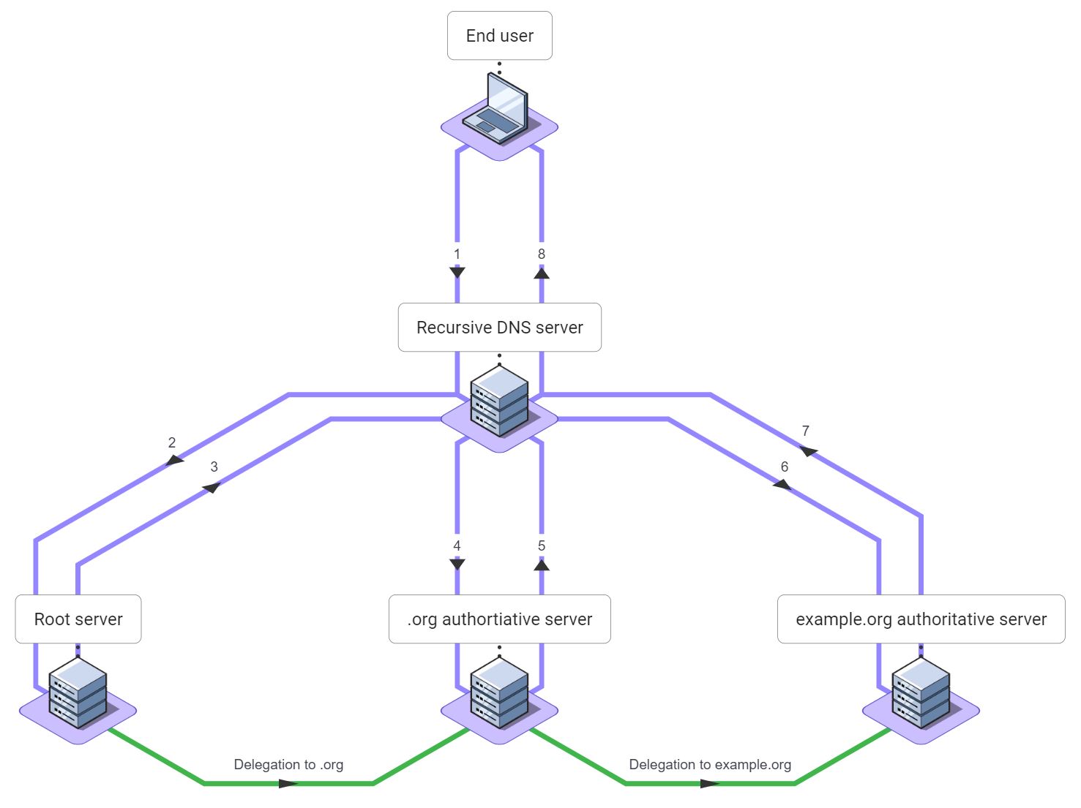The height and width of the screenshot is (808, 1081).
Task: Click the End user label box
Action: [499, 36]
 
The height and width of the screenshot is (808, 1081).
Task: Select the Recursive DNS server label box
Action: [499, 328]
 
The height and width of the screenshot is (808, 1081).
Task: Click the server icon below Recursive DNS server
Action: [499, 402]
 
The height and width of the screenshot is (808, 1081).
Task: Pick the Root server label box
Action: [78, 619]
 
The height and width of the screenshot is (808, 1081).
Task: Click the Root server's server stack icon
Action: [78, 692]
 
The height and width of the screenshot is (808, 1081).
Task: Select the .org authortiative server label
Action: [499, 619]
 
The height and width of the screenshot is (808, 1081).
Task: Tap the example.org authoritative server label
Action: [921, 619]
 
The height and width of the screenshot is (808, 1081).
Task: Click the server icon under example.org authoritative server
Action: [921, 692]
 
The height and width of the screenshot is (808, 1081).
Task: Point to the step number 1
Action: [457, 254]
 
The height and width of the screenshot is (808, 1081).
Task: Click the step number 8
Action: [542, 254]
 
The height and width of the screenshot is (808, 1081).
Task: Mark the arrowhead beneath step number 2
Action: [174, 460]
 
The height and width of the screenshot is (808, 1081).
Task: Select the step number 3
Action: [214, 467]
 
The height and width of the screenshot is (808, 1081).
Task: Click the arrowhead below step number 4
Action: [457, 565]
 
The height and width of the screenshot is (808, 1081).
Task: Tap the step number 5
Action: [542, 545]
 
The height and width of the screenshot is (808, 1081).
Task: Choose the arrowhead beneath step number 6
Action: [782, 484]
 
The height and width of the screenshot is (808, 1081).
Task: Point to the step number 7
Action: [805, 431]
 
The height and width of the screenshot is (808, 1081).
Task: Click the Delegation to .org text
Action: [288, 765]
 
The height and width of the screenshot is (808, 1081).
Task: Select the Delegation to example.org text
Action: [710, 765]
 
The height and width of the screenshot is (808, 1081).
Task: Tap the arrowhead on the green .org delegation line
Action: [288, 784]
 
